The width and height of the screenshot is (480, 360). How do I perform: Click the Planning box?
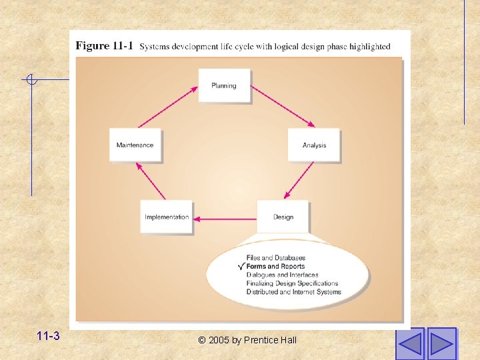pyautogui.click(x=224, y=85)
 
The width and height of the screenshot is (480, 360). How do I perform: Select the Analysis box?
pyautogui.click(x=314, y=145)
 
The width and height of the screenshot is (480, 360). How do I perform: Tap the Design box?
pyautogui.click(x=283, y=217)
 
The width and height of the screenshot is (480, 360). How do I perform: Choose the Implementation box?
pyautogui.click(x=167, y=217)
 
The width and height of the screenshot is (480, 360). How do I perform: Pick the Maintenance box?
pyautogui.click(x=135, y=145)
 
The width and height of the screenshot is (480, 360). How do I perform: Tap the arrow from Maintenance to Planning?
pyautogui.click(x=167, y=107)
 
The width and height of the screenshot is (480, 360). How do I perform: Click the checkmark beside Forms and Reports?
pyautogui.click(x=241, y=267)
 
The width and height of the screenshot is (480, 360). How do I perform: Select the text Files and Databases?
pyautogui.click(x=276, y=258)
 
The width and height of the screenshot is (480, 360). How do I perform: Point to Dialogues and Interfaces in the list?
pyautogui.click(x=282, y=275)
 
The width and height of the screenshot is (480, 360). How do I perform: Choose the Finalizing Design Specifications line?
pyautogui.click(x=292, y=283)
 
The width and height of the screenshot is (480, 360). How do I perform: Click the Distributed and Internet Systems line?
pyautogui.click(x=293, y=292)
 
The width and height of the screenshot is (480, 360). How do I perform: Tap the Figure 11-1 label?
pyautogui.click(x=105, y=46)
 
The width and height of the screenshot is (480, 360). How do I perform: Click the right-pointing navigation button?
pyautogui.click(x=441, y=343)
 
